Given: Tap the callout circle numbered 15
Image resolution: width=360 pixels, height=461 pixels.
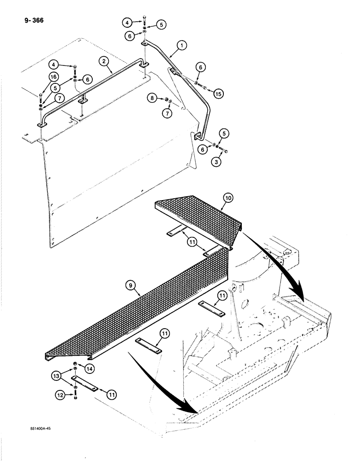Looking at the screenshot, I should pyautogui.click(x=219, y=94).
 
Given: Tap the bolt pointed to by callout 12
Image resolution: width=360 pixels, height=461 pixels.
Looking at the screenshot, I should pyautogui.click(x=74, y=393).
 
